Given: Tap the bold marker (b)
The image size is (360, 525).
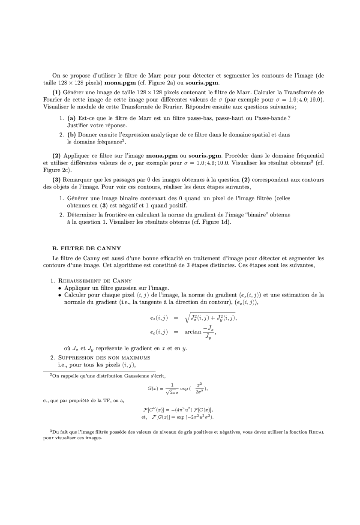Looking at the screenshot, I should pyautogui.click(x=72, y=135).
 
